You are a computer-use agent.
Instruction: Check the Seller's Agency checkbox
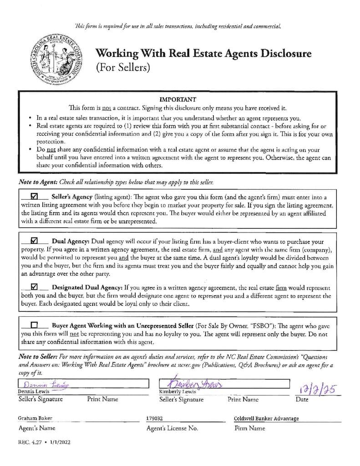click(33, 197)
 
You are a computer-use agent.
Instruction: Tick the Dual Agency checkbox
click(33, 241)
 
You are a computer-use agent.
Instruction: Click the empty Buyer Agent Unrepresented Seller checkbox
click(33, 325)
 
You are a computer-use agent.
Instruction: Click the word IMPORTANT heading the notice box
click(177, 99)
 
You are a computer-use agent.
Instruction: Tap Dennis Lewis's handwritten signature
click(40, 384)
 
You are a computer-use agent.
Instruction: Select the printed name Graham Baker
click(35, 418)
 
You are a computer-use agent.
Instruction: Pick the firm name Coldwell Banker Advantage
click(266, 418)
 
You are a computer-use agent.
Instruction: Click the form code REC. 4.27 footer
click(44, 442)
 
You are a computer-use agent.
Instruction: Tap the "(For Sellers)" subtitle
click(122, 68)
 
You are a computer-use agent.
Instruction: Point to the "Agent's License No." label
click(172, 428)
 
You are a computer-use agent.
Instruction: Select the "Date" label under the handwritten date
click(302, 400)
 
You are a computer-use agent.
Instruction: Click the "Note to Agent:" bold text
click(38, 182)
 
